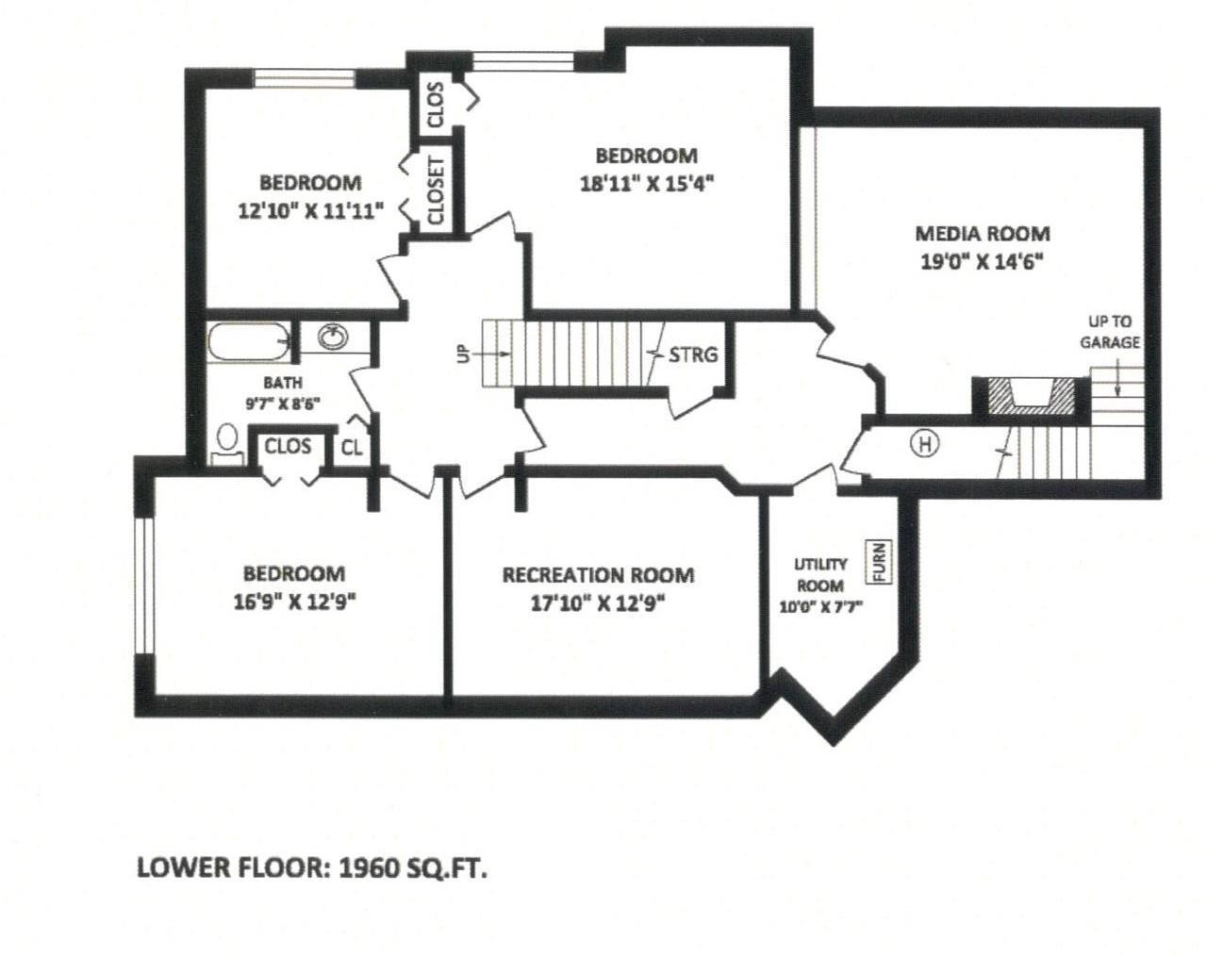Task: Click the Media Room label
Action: pos(983,233)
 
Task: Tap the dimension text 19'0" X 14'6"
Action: pos(983,262)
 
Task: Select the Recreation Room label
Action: pos(598,574)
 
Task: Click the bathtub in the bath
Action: pos(247,340)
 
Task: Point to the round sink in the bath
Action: pos(331,337)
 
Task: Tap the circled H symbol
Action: pos(926,443)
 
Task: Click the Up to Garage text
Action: pos(1110,332)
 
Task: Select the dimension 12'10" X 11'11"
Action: pos(310,211)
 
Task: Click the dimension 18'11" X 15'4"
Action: pos(646,184)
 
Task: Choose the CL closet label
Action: pos(351,448)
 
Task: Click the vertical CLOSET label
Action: pos(436,191)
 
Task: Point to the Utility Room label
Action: pos(819,574)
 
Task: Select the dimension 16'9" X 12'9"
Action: pos(294,602)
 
